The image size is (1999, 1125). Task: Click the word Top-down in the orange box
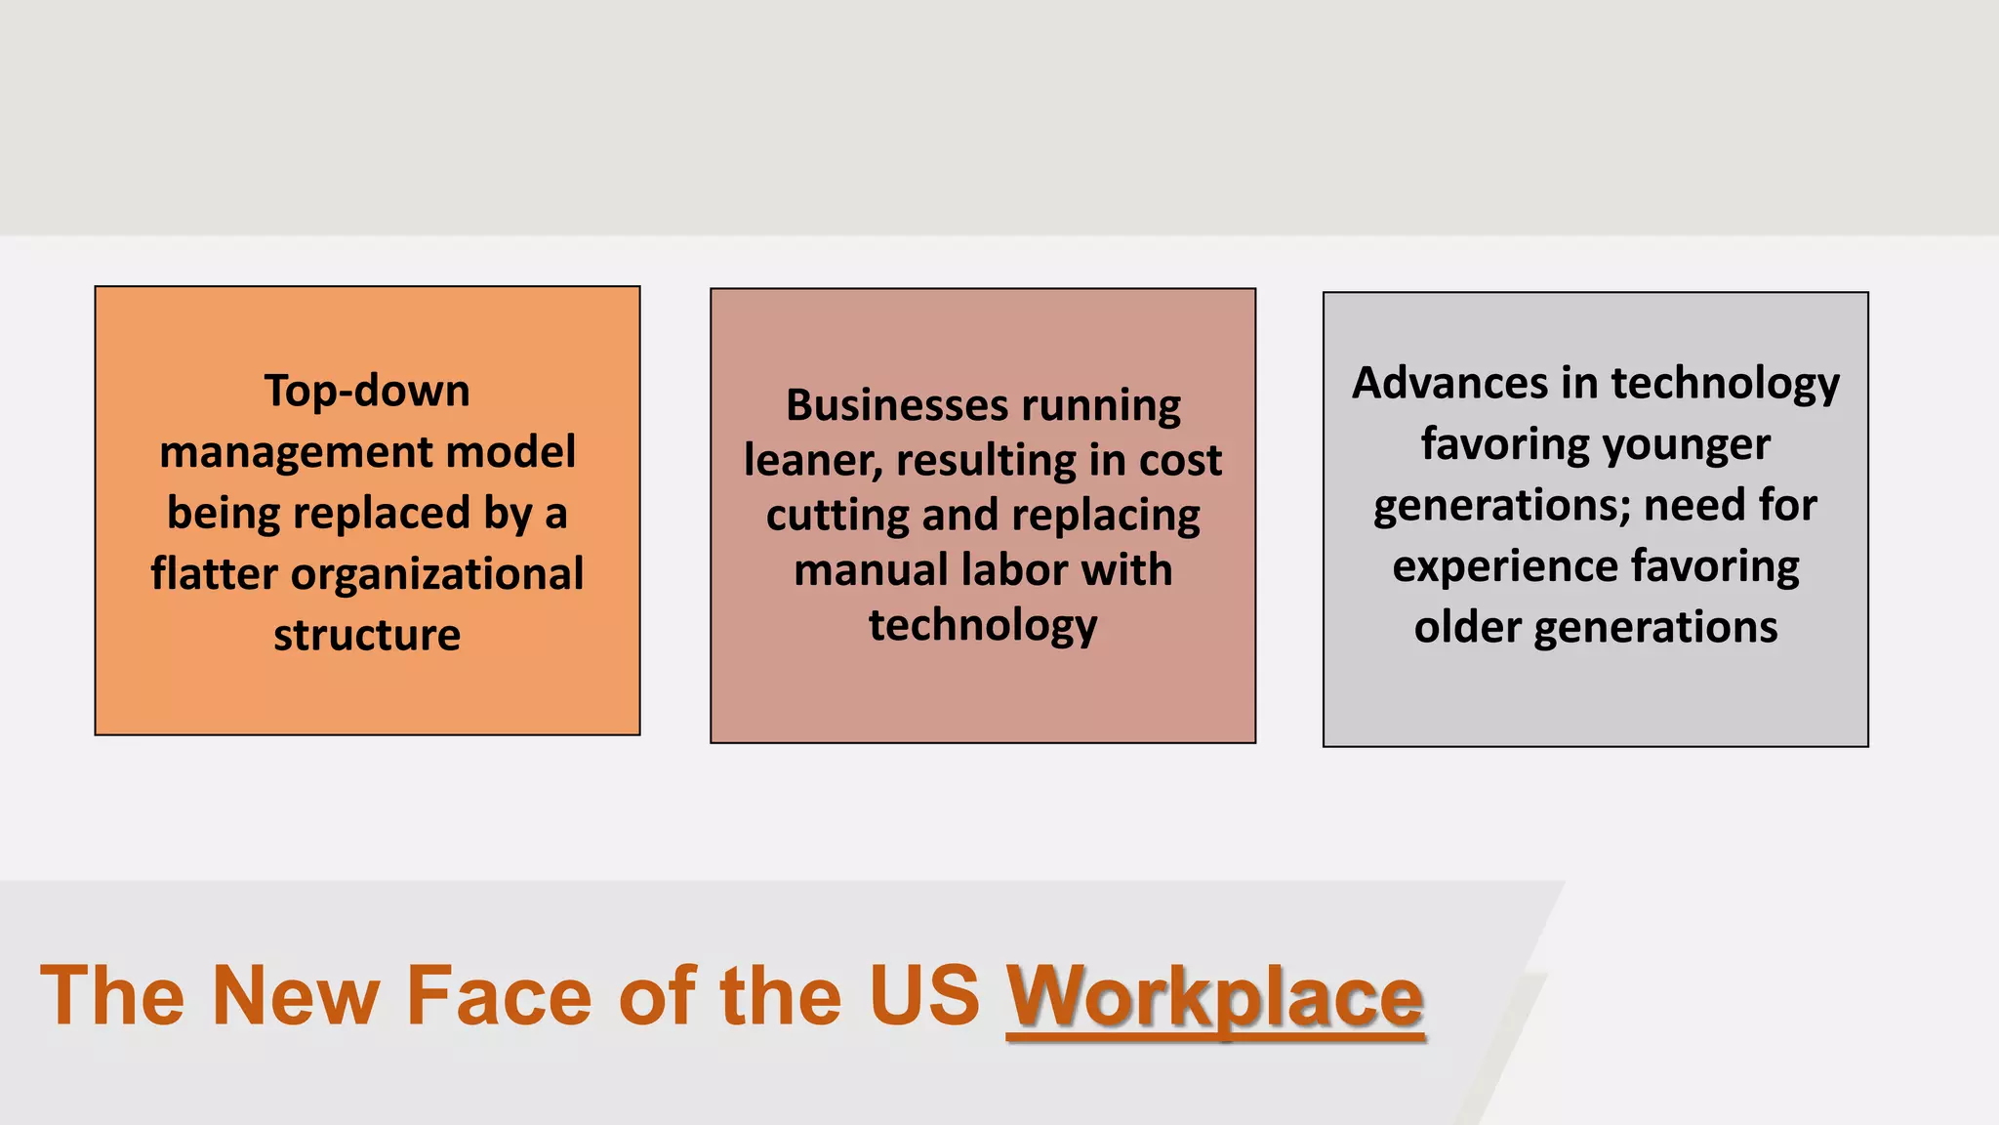tap(367, 391)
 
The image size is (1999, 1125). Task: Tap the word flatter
tap(215, 574)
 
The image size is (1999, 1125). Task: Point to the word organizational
tap(437, 574)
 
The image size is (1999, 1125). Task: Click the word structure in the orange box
tap(367, 635)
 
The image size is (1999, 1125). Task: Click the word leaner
tap(813, 460)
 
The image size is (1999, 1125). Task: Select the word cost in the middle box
tap(1180, 460)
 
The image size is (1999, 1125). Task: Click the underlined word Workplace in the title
tap(1215, 996)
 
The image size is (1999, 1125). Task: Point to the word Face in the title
tap(499, 996)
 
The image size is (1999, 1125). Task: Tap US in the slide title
tap(924, 996)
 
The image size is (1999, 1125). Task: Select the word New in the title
tap(296, 996)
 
